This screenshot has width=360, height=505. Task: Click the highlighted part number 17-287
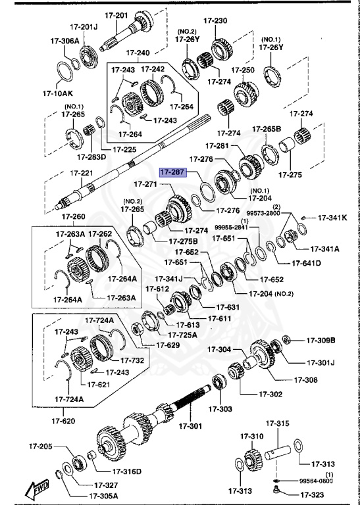pos(172,172)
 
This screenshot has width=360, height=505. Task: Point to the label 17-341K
pos(332,217)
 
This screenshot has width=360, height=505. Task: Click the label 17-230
pos(217,21)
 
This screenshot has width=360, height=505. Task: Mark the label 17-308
pos(306,379)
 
